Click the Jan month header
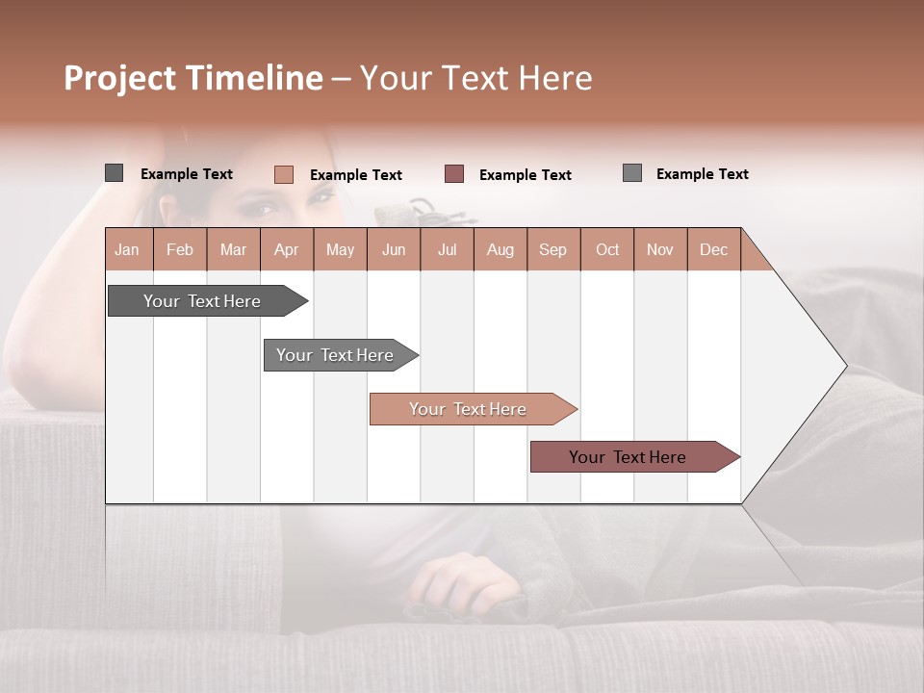[127, 249]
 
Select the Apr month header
[286, 249]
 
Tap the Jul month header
[447, 249]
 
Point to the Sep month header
[552, 249]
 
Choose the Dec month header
[713, 249]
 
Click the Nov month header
[659, 249]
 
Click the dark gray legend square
[114, 173]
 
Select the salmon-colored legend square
[283, 174]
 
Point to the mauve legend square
[454, 174]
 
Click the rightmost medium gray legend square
[631, 173]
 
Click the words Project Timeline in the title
[192, 78]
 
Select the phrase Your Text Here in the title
[475, 78]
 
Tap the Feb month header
[180, 249]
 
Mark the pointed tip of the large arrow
[845, 366]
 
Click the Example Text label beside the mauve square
[525, 175]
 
